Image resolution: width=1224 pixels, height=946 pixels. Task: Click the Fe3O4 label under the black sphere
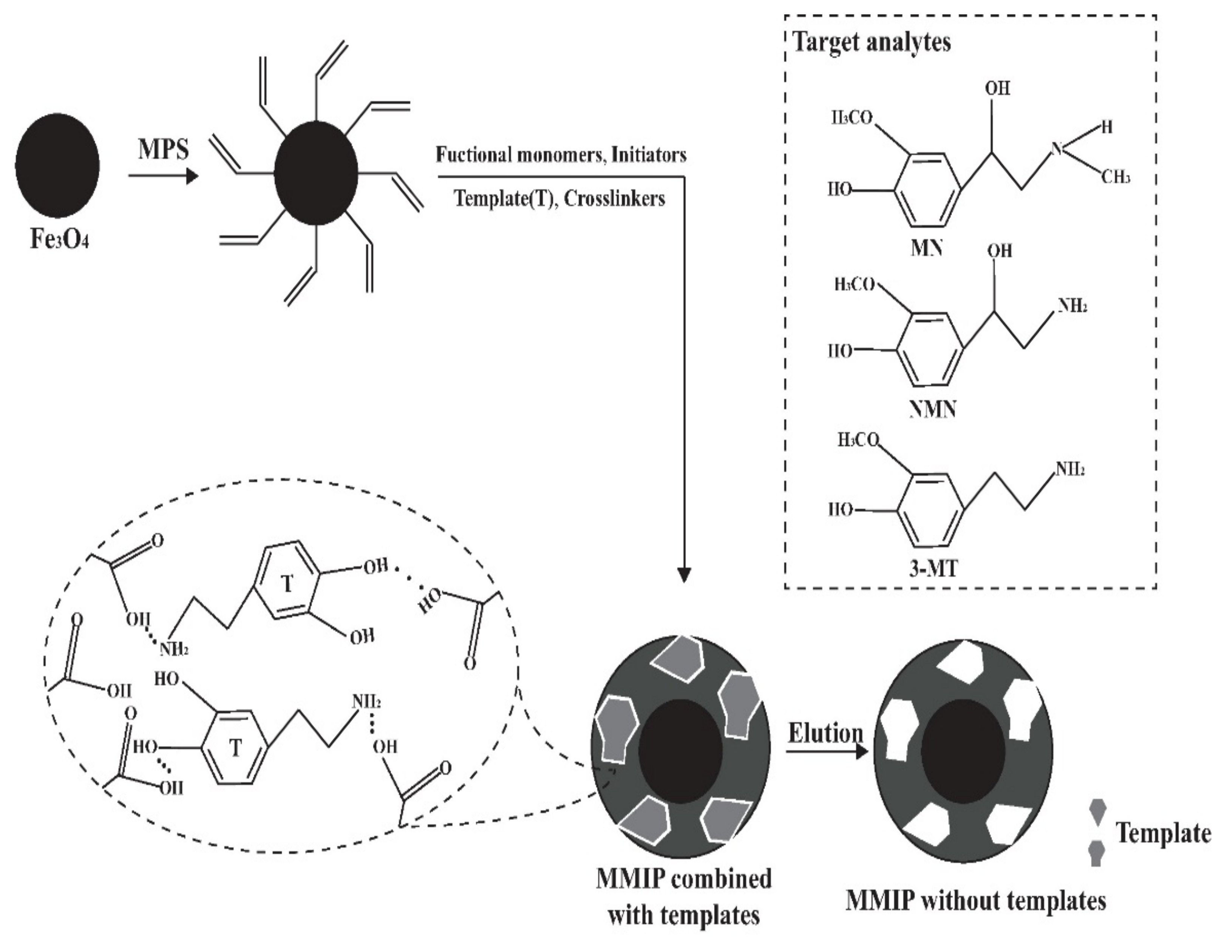tap(59, 240)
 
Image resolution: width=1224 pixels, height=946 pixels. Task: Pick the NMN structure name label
tap(933, 409)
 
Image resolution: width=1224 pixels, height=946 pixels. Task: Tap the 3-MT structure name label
tap(933, 569)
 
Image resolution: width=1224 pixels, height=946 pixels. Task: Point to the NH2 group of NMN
tap(1072, 306)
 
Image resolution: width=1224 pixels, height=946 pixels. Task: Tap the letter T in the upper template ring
tap(287, 584)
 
